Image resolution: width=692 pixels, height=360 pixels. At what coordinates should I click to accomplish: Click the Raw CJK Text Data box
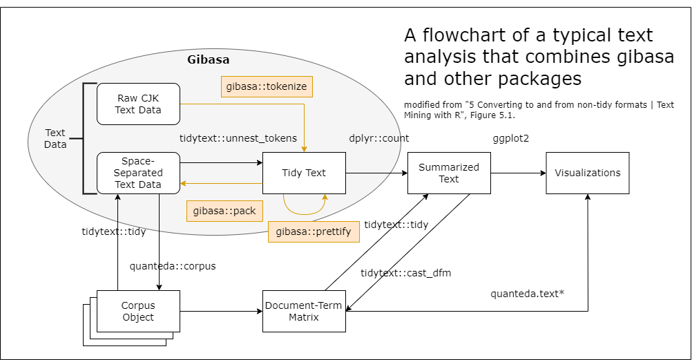(x=138, y=104)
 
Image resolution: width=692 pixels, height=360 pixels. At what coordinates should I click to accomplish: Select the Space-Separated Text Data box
(x=138, y=173)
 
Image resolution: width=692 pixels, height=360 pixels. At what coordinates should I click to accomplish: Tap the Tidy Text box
(x=304, y=173)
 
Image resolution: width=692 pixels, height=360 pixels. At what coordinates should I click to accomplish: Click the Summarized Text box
(x=449, y=173)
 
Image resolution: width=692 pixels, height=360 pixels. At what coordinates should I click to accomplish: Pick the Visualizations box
(x=587, y=173)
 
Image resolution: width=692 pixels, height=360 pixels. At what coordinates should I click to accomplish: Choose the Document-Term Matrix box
(x=304, y=311)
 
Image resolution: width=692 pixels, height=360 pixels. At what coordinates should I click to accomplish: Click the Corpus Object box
(x=138, y=311)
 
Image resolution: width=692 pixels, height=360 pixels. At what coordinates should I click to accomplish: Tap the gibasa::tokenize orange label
(x=267, y=86)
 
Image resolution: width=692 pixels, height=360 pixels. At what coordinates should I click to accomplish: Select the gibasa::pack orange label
(x=225, y=211)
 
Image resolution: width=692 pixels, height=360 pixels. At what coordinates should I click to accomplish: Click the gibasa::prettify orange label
(x=314, y=231)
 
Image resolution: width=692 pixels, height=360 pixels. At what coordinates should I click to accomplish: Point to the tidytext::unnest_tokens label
(x=238, y=138)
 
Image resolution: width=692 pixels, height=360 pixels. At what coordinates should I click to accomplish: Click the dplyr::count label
(x=379, y=138)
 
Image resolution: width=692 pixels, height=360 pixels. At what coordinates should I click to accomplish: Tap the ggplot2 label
(x=510, y=138)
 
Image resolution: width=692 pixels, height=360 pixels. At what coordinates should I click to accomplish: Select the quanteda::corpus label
(x=173, y=266)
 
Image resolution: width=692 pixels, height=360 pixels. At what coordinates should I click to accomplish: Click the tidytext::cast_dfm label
(x=405, y=273)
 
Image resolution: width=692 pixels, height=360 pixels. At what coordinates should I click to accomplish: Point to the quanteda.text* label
(x=528, y=294)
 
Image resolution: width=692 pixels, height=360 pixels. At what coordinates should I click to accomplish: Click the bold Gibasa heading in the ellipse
(x=208, y=59)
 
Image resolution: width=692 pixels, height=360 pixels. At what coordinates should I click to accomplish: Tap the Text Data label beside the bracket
(x=55, y=138)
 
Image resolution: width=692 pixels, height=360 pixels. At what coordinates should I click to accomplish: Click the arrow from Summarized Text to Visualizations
(x=518, y=173)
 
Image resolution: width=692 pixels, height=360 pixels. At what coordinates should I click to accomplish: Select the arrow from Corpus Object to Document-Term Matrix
(x=221, y=311)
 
